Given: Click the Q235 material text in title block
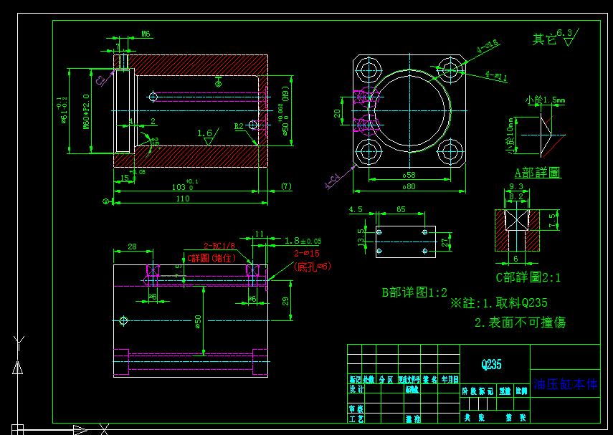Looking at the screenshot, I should click(x=491, y=365).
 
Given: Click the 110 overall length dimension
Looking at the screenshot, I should click(x=184, y=199).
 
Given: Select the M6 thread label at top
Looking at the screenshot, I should click(x=146, y=34).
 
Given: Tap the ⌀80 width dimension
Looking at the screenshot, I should click(x=409, y=187).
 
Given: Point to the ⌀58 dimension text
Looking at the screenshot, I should click(x=409, y=175).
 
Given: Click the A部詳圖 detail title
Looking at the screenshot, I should click(x=538, y=173).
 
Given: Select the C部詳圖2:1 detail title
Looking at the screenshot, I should click(x=528, y=277).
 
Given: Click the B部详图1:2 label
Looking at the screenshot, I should click(x=414, y=292).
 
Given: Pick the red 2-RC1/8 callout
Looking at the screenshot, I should click(x=219, y=244).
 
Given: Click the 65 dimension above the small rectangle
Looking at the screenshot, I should click(x=400, y=210).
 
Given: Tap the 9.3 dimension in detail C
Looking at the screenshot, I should click(x=516, y=187).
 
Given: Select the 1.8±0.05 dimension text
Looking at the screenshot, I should click(x=303, y=241).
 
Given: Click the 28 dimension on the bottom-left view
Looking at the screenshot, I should click(x=132, y=247).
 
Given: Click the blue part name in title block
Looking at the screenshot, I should click(x=565, y=384).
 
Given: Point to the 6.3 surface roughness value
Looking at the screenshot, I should click(x=565, y=33).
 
